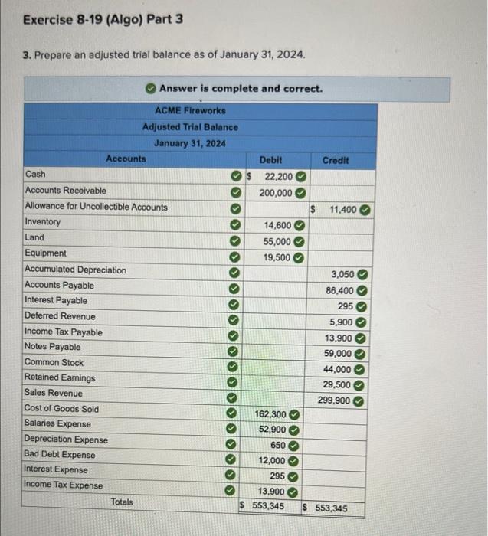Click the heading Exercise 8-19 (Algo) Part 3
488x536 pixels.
[x=103, y=18]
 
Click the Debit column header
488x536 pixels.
[x=270, y=160]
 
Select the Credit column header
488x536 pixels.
[x=335, y=160]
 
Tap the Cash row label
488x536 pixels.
[x=35, y=175]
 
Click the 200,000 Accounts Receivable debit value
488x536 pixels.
[x=276, y=192]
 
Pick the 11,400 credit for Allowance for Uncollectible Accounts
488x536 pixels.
[x=342, y=208]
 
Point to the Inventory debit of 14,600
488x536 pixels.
[x=277, y=225]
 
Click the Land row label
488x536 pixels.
[x=34, y=237]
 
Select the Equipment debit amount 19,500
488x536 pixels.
[x=277, y=258]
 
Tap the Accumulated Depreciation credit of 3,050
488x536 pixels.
[x=342, y=274]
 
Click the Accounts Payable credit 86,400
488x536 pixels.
[x=339, y=291]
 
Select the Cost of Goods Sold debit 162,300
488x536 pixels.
[x=271, y=414]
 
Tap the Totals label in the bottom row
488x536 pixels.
[x=122, y=502]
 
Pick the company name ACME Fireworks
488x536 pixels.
[x=190, y=110]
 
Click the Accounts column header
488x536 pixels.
[x=126, y=159]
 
